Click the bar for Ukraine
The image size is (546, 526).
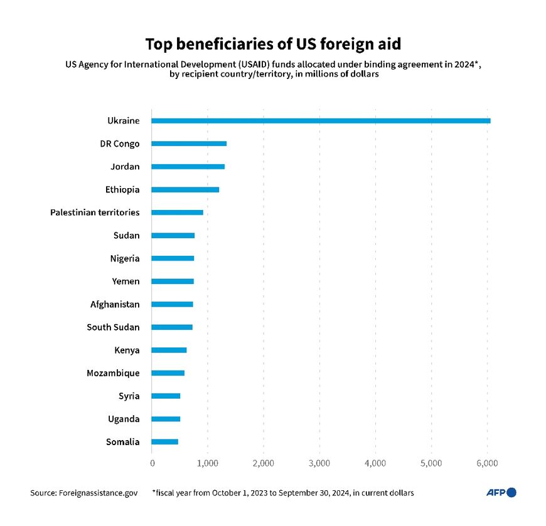point(320,120)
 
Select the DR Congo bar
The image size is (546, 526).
point(189,144)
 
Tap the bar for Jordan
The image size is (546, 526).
point(188,167)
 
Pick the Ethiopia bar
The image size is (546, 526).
point(185,189)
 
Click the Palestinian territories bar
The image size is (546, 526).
point(177,213)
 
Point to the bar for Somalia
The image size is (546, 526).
point(164,442)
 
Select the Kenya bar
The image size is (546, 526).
point(169,350)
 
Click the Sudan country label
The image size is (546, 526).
point(126,236)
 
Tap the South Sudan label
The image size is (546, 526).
point(113,327)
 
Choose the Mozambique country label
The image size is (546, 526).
point(113,373)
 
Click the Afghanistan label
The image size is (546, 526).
point(115,304)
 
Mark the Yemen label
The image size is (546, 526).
point(126,281)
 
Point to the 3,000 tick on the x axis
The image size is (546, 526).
point(319,463)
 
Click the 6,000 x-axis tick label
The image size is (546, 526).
point(487,463)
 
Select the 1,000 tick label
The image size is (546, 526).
point(207,463)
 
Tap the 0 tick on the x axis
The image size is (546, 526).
point(152,463)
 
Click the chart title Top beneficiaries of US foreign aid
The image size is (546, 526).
point(272,45)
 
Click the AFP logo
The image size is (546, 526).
point(501,493)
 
